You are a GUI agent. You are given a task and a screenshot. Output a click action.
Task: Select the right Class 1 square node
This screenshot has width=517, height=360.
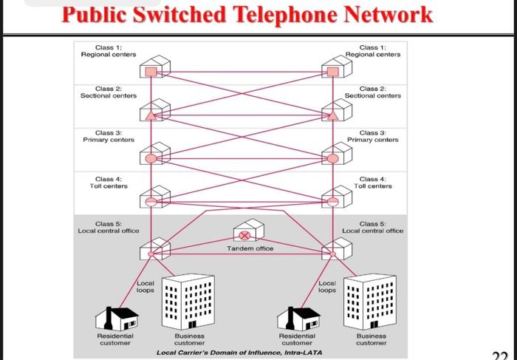(x=332, y=72)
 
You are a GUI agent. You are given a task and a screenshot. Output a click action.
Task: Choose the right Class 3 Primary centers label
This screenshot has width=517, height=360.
(x=373, y=136)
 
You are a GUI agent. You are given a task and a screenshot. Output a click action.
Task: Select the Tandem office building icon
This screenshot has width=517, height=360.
(x=248, y=232)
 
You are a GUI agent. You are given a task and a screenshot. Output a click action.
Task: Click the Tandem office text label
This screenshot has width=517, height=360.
(x=250, y=248)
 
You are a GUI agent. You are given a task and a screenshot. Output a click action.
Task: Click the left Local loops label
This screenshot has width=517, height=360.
(x=145, y=287)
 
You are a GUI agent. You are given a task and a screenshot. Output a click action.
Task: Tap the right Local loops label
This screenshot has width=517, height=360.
(x=327, y=287)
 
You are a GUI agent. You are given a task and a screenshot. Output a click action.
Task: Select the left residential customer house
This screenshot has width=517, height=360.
(x=116, y=318)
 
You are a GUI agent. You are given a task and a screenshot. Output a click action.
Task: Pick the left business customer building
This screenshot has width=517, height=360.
(x=189, y=303)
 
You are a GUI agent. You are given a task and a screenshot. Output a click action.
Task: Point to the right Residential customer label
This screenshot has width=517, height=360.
(x=297, y=339)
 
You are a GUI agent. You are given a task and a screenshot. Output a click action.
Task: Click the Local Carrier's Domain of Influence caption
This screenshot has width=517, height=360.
(x=239, y=353)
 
